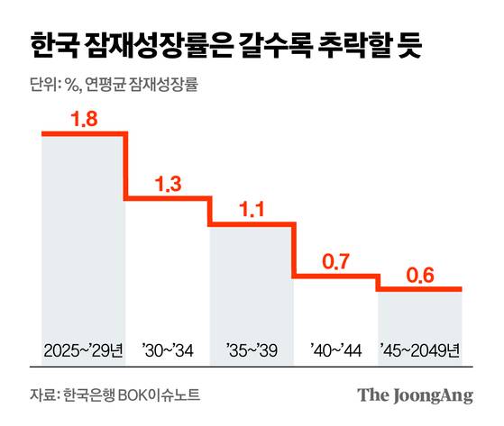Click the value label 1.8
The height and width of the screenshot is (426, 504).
(x=84, y=119)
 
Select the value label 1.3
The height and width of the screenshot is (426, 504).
(x=168, y=185)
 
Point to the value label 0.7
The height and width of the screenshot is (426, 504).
(x=335, y=263)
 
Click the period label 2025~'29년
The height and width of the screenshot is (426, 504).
(x=83, y=349)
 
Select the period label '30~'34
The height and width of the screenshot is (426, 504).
(x=168, y=349)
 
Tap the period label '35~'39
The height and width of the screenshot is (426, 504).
(x=252, y=349)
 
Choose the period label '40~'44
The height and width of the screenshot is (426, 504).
(x=335, y=349)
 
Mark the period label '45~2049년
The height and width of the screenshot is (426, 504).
(x=420, y=349)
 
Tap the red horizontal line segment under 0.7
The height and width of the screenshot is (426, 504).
(x=335, y=277)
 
